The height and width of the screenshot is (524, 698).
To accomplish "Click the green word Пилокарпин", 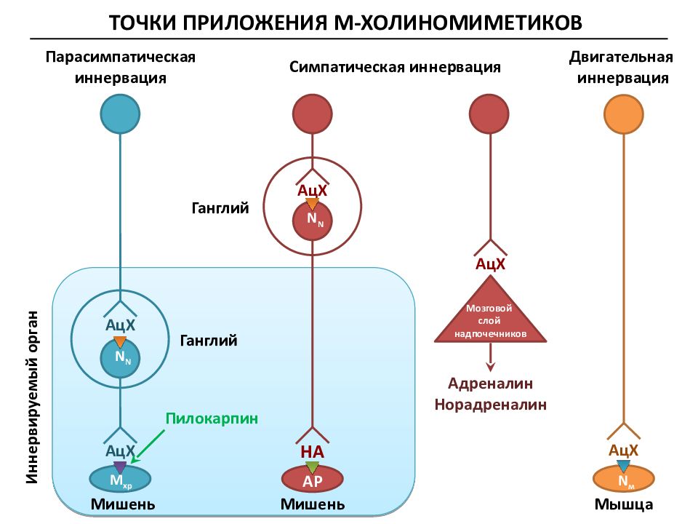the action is point(212,418).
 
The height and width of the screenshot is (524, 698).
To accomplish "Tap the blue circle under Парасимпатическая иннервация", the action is point(120,114).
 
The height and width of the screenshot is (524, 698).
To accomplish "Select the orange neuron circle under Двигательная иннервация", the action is point(624,114).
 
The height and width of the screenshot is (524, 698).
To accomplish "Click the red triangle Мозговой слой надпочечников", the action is point(490,312).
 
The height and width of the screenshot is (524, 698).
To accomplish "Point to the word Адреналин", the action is point(490,384).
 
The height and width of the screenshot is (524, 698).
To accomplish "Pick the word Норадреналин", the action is point(490,404).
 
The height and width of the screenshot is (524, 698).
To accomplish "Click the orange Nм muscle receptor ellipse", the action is point(624,479).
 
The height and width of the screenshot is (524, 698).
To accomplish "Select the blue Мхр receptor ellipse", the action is point(120,479).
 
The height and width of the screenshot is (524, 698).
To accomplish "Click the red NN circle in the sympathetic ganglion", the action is point(313,220).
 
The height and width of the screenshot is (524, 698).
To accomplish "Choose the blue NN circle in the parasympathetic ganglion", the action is point(120,358).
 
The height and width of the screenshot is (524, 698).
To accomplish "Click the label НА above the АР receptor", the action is point(313,452).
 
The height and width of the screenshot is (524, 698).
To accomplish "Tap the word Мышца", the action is point(624,504).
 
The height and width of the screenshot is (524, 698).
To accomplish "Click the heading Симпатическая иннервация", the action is point(395,67).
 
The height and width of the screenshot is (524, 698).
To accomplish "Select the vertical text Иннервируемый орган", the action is point(32,397).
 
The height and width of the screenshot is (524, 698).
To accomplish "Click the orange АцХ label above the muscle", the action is point(624,450).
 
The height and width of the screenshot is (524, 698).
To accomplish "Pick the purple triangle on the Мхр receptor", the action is point(120,467).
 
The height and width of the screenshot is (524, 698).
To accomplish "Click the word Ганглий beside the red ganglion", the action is point(220,208).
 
